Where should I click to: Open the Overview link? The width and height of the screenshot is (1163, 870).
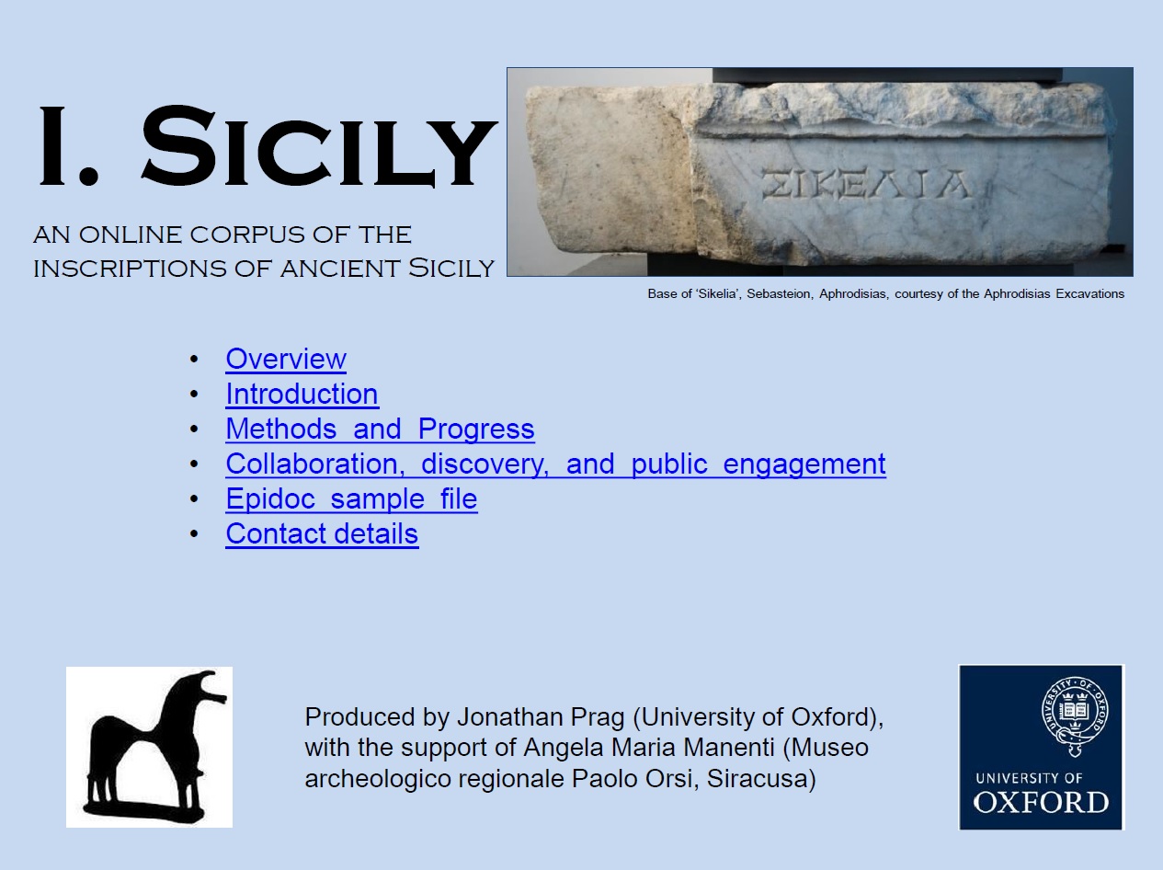[286, 360]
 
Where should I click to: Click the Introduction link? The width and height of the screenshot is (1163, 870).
[302, 395]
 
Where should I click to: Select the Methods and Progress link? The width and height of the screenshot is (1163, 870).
[380, 429]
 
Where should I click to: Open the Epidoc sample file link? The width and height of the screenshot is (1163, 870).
[351, 499]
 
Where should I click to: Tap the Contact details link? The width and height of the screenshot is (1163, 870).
[322, 533]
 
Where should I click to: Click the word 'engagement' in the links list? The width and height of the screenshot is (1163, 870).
[804, 465]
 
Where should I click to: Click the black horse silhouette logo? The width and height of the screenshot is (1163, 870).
[150, 747]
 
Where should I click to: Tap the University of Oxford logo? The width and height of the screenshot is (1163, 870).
[1041, 747]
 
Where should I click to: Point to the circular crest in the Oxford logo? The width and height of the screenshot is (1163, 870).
[1075, 711]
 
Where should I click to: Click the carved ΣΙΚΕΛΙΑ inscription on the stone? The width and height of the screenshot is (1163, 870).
[865, 184]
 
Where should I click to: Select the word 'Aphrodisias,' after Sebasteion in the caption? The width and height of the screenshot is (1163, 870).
[853, 294]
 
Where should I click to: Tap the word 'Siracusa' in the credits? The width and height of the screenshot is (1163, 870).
[761, 779]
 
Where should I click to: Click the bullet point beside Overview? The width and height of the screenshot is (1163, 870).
[194, 360]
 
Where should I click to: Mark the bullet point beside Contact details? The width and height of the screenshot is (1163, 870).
[194, 533]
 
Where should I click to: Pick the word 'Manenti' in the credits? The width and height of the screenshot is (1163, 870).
[729, 748]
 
